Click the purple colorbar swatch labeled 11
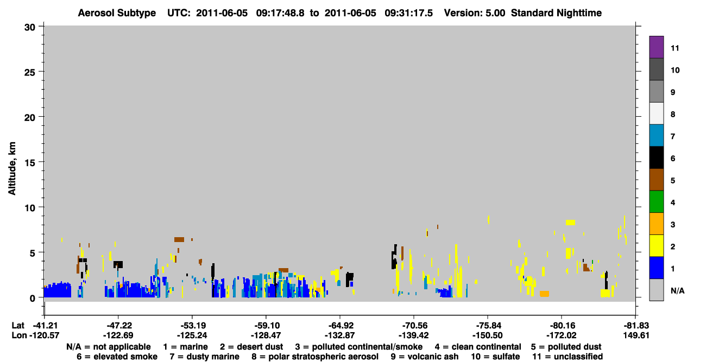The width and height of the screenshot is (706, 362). point(656,47)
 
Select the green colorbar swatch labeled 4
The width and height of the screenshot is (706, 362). point(656,202)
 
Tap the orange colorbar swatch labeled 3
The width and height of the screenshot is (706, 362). point(656,224)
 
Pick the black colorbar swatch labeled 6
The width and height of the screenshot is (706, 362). point(656,157)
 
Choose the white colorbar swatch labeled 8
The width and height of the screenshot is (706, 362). point(656,113)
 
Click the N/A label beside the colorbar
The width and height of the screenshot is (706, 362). point(677,291)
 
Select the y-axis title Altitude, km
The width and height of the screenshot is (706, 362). point(12,169)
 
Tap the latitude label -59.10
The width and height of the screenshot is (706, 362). point(266,326)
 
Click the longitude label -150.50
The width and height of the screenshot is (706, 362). point(487,335)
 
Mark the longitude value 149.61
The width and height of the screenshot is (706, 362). point(636,335)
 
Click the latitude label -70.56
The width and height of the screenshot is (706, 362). point(414,326)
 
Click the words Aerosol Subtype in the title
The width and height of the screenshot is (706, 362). point(117,13)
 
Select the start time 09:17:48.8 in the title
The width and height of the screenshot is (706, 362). point(280,13)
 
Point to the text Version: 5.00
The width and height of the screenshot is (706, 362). point(475,13)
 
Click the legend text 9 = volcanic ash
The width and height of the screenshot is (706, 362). point(425,357)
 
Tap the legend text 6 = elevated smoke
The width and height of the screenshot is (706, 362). point(117,357)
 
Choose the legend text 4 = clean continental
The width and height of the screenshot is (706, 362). point(478,347)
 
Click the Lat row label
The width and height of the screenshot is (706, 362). point(18,326)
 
